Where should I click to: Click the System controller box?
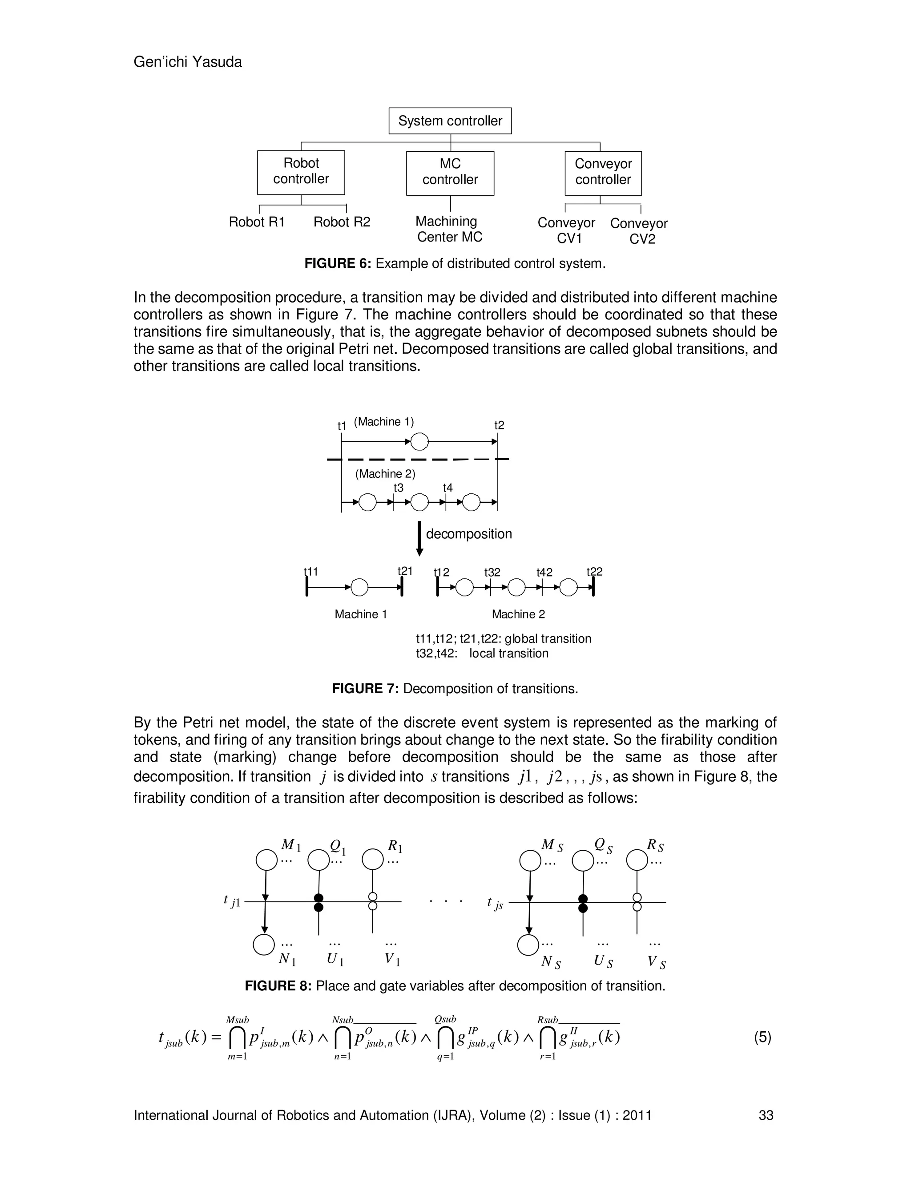(x=450, y=121)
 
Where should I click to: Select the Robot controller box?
(x=301, y=172)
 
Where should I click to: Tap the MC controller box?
(x=450, y=172)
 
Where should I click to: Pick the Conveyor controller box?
(x=603, y=172)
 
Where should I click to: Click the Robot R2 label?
(x=342, y=222)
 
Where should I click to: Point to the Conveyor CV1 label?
(x=566, y=230)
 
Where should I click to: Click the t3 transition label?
(x=398, y=488)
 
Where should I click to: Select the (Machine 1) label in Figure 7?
(x=384, y=422)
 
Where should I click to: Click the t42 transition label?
(x=544, y=572)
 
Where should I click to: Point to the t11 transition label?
(x=311, y=571)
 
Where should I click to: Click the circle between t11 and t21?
(x=359, y=587)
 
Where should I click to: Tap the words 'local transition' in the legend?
(x=508, y=653)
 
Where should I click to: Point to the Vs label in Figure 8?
(x=656, y=961)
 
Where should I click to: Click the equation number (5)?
(x=762, y=1037)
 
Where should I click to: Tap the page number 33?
(x=766, y=1115)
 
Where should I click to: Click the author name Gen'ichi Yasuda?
(x=187, y=62)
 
